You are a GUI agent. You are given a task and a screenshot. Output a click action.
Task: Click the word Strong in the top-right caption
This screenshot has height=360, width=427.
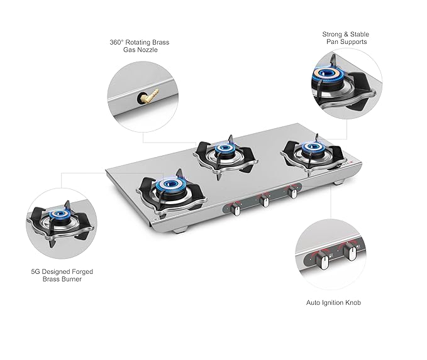click(332, 35)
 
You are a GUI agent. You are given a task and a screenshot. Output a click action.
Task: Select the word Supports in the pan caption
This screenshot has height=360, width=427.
click(354, 42)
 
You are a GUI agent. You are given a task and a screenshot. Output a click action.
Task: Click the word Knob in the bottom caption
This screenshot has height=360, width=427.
click(353, 303)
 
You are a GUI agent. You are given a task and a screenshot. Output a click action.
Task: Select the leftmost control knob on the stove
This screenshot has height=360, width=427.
click(236, 210)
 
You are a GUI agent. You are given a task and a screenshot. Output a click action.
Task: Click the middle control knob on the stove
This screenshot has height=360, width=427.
click(264, 201)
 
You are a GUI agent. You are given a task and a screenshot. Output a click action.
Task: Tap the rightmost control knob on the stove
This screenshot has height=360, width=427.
click(293, 192)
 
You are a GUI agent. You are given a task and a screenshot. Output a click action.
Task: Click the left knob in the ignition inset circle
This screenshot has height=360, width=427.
click(323, 260)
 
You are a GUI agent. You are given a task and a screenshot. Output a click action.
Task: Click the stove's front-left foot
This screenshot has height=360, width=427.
click(181, 230)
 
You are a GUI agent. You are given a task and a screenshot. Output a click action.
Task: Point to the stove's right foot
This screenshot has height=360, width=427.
click(339, 182)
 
